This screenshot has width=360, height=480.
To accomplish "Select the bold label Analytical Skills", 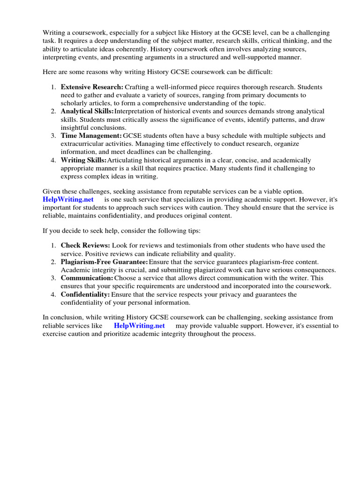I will [87, 111].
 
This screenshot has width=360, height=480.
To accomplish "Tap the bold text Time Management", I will [91, 135].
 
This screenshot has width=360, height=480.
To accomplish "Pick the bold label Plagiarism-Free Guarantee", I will [104, 262].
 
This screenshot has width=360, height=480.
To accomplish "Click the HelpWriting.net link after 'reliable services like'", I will [139, 326].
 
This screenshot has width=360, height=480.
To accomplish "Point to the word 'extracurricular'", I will [83, 144].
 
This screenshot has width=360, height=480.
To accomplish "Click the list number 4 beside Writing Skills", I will [53, 160].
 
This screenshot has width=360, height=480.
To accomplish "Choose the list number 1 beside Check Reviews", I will [53, 246].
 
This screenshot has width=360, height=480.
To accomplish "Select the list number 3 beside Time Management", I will [53, 135].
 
